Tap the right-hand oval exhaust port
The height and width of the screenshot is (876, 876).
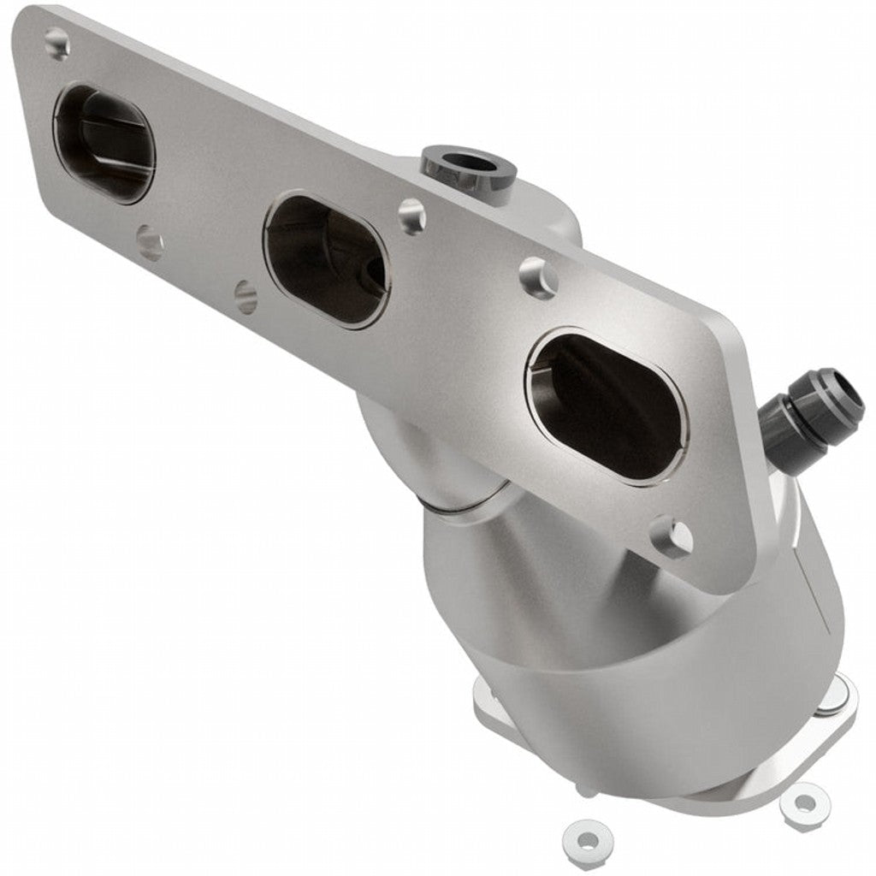(606, 405)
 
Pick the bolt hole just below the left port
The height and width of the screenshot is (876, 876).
(150, 243)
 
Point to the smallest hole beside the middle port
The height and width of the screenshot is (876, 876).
(246, 297)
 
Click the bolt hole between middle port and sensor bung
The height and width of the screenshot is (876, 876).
(412, 216)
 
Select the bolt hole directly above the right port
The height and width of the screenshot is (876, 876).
(538, 278)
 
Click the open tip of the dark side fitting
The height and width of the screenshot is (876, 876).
(849, 391)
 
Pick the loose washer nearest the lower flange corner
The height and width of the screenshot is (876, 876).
(803, 804)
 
